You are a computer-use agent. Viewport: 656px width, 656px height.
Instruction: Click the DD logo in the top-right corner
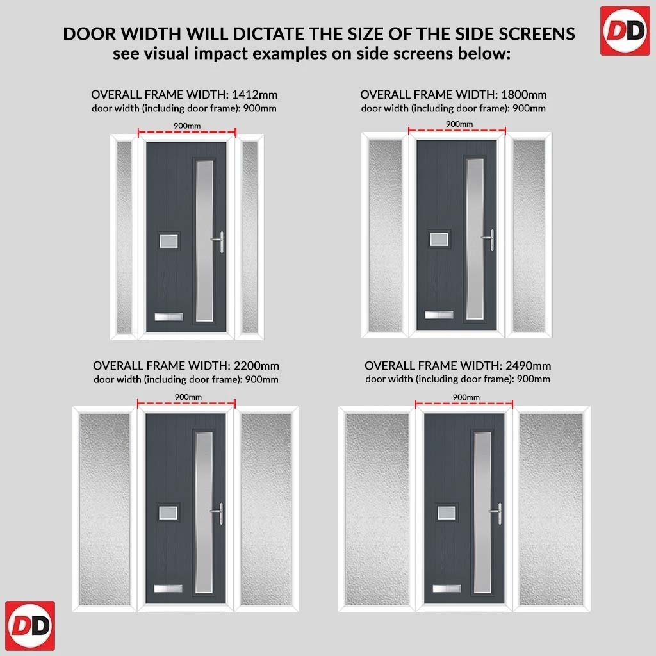click(x=625, y=31)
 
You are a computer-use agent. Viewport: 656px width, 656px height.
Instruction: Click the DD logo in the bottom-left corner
click(x=30, y=625)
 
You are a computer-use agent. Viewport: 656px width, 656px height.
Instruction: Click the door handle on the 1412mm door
click(x=219, y=242)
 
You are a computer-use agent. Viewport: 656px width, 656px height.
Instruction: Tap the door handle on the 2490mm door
click(x=496, y=513)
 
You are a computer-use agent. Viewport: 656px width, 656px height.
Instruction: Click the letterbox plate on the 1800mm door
click(x=439, y=315)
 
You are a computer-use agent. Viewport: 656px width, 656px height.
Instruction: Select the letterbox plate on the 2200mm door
click(x=168, y=588)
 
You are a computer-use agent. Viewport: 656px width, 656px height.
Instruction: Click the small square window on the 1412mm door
click(x=168, y=241)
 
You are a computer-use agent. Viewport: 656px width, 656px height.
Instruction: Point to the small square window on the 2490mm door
click(x=447, y=512)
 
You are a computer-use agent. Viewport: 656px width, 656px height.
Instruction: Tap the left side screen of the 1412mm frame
click(x=124, y=237)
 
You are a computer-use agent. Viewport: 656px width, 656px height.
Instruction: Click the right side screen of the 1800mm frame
click(x=529, y=236)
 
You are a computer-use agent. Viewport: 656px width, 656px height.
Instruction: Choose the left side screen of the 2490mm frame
click(x=377, y=509)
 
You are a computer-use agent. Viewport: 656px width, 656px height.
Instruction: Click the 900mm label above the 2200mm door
click(x=188, y=397)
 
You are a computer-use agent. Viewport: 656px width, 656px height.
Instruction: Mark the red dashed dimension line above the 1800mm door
click(x=457, y=131)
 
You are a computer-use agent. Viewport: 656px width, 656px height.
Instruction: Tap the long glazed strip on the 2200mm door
click(x=204, y=512)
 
